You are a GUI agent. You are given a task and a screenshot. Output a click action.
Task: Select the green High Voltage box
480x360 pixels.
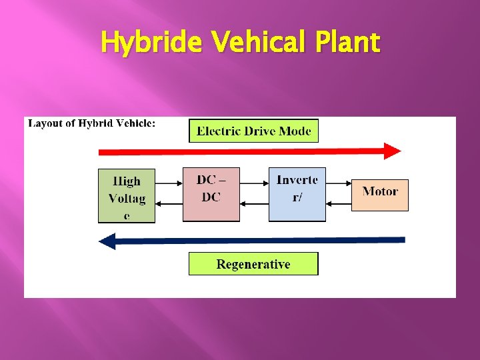coord(126,195)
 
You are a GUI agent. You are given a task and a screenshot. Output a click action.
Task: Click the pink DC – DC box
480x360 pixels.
coord(211,194)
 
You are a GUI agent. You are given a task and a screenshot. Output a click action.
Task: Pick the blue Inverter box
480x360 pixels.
coord(297,194)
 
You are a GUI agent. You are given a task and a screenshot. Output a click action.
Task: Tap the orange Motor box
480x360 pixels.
coord(379,195)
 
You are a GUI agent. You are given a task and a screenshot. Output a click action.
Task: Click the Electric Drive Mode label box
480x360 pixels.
coord(253,131)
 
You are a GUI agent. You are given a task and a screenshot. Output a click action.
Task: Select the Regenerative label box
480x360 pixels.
coord(253,264)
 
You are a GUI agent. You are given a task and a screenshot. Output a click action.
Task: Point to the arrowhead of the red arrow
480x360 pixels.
coord(393,151)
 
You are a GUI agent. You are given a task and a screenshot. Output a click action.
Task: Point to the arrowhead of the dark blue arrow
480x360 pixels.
coord(107,240)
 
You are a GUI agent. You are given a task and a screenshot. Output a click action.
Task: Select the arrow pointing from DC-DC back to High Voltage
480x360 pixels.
coord(169,203)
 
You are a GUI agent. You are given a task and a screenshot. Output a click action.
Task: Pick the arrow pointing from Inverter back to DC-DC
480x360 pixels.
coord(254,203)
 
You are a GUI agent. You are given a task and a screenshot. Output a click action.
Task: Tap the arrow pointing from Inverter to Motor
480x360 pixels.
coord(339,181)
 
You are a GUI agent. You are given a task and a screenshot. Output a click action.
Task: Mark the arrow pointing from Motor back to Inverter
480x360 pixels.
coord(339,203)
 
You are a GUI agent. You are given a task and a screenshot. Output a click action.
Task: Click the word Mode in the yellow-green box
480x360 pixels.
coord(295,131)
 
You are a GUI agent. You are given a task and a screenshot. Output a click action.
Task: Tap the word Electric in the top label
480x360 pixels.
coord(218,131)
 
